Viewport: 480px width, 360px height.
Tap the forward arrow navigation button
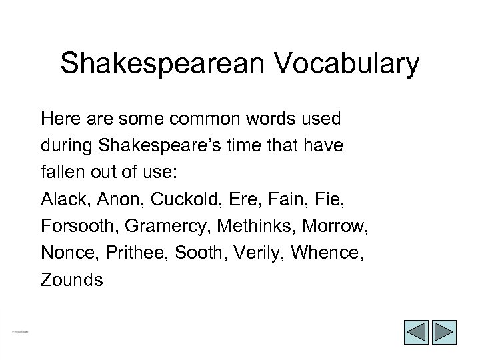443,333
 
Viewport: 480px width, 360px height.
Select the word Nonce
64,253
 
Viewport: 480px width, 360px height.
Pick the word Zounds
72,280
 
